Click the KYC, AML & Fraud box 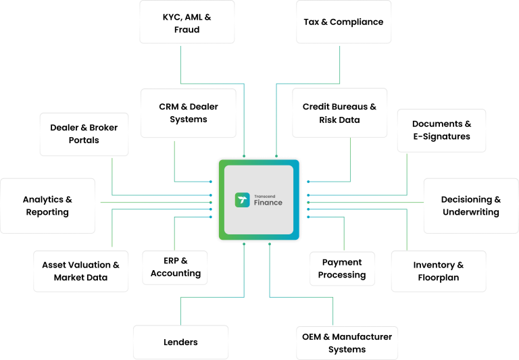[187, 22]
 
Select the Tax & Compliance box [343, 22]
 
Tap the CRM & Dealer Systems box [189, 113]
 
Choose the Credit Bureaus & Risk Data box [339, 113]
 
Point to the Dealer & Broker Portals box [84, 134]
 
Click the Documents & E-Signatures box [441, 130]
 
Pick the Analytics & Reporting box [47, 206]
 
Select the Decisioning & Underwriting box [471, 206]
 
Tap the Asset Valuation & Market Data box [80, 271]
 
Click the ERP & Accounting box [175, 267]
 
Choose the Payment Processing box [342, 268]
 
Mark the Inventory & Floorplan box [439, 271]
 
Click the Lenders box [180, 342]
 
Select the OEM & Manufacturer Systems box [347, 342]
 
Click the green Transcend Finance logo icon [242, 200]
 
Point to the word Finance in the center [268, 203]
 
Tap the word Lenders [180, 342]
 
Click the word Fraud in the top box [187, 30]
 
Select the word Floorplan [439, 277]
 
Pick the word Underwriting [471, 212]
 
